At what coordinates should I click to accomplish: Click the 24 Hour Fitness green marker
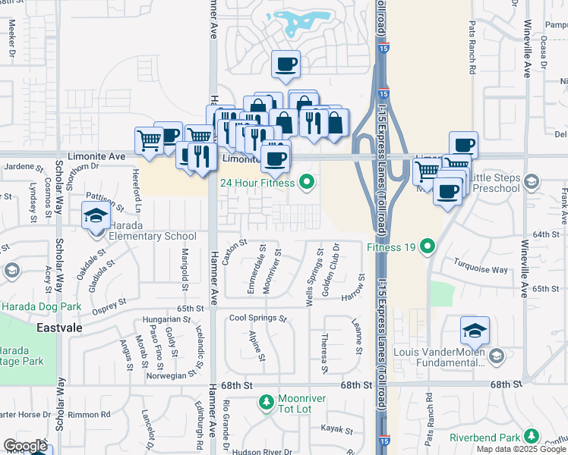coord(307,181)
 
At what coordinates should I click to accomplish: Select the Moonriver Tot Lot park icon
coord(266,401)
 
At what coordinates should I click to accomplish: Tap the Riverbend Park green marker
coord(533,436)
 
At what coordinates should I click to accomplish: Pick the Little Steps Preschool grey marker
coord(531,182)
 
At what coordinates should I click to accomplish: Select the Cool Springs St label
coord(257,318)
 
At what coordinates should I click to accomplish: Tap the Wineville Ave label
coord(525,57)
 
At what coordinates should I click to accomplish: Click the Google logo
coord(25,446)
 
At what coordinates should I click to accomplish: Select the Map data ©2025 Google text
coord(520,449)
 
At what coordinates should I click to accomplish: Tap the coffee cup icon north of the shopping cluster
coord(286,64)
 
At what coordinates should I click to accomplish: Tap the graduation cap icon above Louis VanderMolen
coord(474,331)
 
